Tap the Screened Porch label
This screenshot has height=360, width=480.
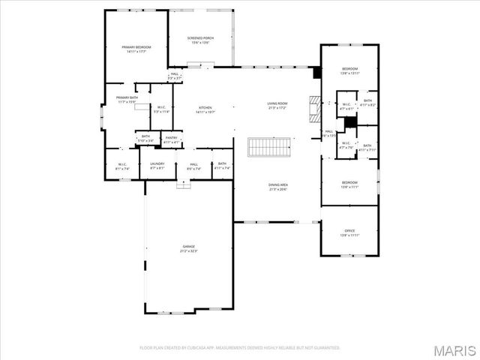tap(199, 40)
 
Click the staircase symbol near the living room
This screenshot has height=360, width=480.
tap(268, 147)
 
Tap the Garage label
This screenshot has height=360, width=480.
tap(188, 248)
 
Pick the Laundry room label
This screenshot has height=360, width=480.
tap(157, 165)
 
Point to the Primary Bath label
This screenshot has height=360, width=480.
tap(126, 99)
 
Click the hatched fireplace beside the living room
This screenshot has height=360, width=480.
tap(315, 109)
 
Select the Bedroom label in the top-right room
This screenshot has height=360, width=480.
tap(349, 70)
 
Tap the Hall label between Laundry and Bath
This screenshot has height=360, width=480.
tap(193, 165)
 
